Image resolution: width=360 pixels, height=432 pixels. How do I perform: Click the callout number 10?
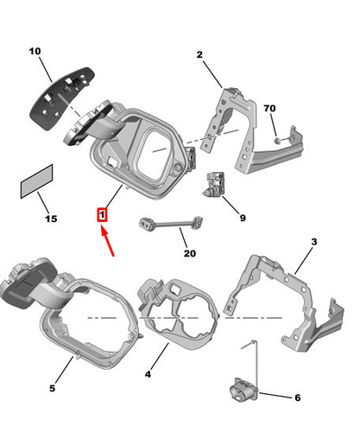coord(35,51)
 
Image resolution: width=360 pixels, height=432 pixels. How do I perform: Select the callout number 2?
coord(199,54)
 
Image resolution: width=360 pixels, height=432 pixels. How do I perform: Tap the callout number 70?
coord(269,108)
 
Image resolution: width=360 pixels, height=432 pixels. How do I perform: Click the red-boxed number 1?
coord(102,215)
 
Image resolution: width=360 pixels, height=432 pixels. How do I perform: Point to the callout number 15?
coord(51,219)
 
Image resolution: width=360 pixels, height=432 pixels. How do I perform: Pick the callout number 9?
coord(243,218)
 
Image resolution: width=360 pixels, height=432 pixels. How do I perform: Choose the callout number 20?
coord(190,253)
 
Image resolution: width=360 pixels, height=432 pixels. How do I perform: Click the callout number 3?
coord(314,242)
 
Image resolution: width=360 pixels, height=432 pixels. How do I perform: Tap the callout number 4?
coord(148,374)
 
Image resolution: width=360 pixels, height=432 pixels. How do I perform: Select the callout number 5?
coord(52,388)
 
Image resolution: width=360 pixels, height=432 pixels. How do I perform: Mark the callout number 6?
coord(298,397)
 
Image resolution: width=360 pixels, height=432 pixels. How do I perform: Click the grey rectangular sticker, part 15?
coord(36,181)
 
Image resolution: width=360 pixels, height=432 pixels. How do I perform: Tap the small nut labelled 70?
coord(277,141)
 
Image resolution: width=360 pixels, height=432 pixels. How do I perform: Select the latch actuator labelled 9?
coord(213,185)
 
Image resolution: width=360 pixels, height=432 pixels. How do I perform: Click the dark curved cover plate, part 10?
coord(62,98)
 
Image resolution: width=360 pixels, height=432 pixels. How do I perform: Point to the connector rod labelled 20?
coord(171,223)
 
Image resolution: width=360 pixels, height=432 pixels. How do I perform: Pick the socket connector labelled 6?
coord(244,389)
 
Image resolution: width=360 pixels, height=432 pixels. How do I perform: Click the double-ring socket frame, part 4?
coord(178,314)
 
